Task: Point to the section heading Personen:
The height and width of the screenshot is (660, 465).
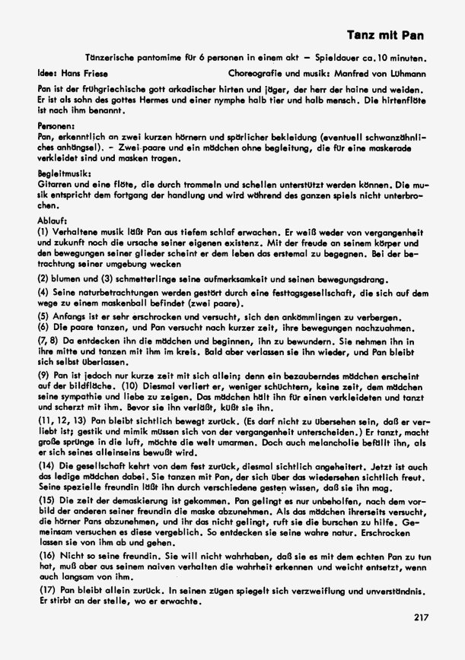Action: point(56,122)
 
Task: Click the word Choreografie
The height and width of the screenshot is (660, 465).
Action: point(256,75)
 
